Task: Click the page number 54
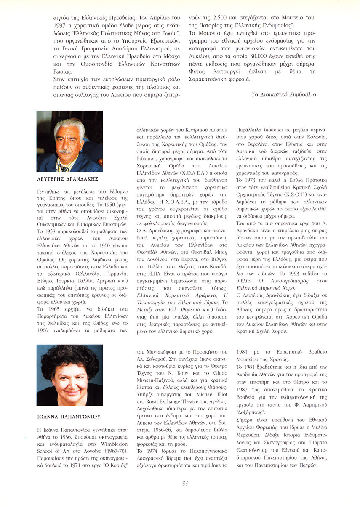pyautogui.click(x=185, y=484)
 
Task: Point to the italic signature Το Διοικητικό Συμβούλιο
pyautogui.click(x=283, y=94)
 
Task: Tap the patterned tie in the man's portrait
pyautogui.click(x=64, y=167)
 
